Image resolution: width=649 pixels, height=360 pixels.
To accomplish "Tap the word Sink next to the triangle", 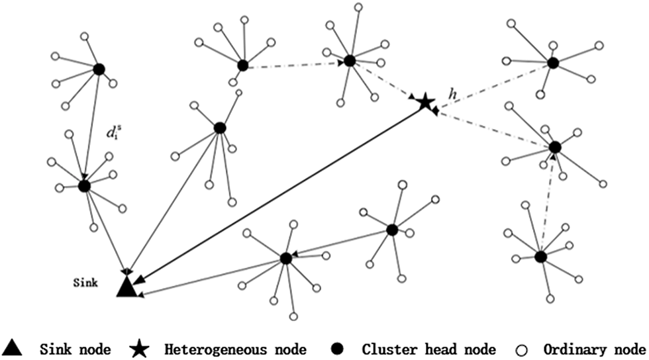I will [85, 283].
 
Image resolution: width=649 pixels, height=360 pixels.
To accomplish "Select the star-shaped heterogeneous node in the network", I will [424, 101].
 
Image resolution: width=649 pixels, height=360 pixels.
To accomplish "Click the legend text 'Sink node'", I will [71, 348].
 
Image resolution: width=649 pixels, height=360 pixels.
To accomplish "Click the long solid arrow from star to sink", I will [278, 191].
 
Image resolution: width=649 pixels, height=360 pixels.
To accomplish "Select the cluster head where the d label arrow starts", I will [99, 69].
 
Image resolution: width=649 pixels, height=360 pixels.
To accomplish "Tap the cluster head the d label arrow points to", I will [84, 186].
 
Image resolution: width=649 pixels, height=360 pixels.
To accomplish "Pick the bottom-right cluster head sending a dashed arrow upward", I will [540, 256].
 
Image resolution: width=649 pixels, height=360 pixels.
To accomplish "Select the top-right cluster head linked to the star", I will [553, 63].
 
